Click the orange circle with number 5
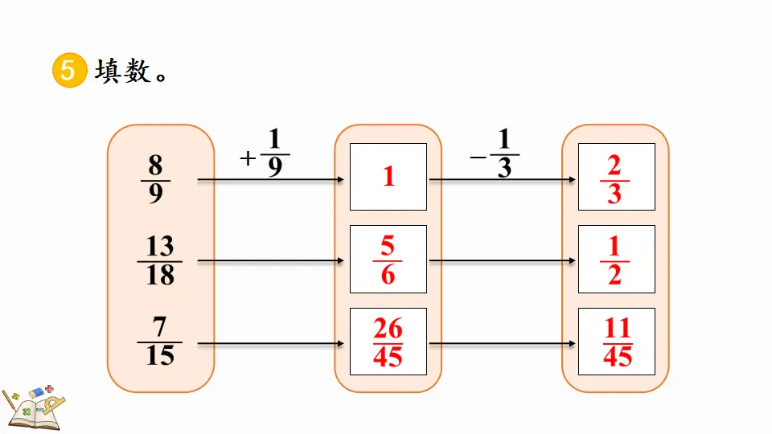tap(68, 71)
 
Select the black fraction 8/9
tap(155, 180)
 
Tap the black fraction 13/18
tap(160, 260)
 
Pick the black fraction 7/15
tap(160, 342)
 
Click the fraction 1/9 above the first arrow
tap(275, 154)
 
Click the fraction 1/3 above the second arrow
tap(504, 154)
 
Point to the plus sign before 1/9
tap(248, 158)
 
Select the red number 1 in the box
tap(389, 177)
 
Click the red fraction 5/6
tap(388, 260)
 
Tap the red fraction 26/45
tap(388, 342)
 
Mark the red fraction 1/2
tap(614, 260)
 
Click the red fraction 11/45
tap(618, 342)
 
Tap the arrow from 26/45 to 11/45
tap(502, 343)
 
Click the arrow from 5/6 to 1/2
tap(502, 261)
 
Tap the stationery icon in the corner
tap(32, 406)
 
